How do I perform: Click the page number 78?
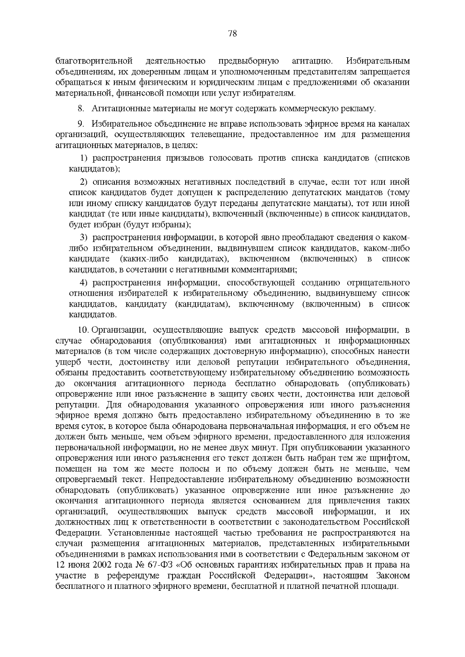coord(232,33)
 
